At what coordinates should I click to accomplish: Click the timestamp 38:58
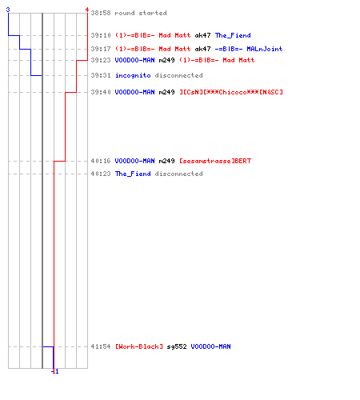pos(101,13)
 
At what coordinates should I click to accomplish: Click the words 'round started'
pos(141,13)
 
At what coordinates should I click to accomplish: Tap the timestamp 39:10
pos(101,35)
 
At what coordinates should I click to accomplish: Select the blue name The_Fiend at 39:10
pos(233,35)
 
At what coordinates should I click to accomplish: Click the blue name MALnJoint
pos(265,49)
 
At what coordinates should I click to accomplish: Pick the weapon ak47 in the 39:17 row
pos(202,49)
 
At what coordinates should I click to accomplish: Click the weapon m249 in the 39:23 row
pos(166,60)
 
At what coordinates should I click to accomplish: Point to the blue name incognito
pos(133,75)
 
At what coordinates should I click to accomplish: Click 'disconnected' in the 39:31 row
pos(178,75)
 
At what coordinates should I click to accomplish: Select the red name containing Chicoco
pos(231,92)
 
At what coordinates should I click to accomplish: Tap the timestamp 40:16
pos(101,161)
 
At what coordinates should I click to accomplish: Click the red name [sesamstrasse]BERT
pos(215,161)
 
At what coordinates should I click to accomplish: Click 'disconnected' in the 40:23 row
pos(178,174)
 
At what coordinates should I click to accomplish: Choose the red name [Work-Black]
pos(139,346)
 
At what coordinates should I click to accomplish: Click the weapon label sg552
pos(177,346)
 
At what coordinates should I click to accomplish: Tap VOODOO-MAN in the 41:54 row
pos(210,346)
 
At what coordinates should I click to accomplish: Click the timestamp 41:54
pos(101,346)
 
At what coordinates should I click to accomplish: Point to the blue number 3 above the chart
pos(8,10)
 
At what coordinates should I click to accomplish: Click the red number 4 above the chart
pos(87,10)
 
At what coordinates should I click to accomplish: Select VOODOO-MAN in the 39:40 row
pos(134,92)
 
